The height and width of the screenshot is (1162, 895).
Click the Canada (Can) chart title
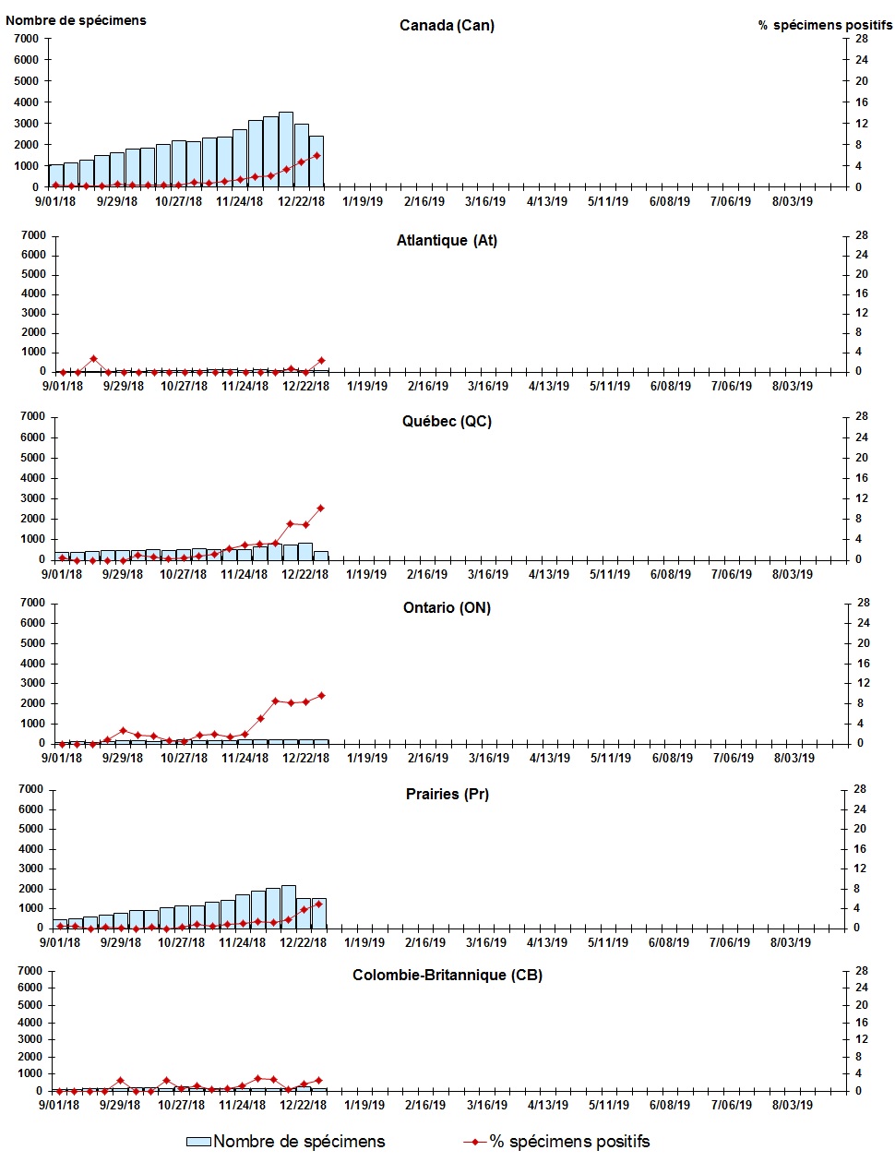pos(447,26)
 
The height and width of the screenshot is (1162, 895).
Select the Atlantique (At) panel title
pos(447,241)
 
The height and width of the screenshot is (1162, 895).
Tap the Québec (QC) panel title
pos(447,422)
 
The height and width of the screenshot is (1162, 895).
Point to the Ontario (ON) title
pos(447,608)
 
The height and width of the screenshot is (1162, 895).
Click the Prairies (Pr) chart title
pos(447,795)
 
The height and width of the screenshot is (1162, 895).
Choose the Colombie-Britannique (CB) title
pos(447,976)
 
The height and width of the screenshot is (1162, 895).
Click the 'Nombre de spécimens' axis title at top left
pos(76,20)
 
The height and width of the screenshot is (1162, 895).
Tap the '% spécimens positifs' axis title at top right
pos(825,25)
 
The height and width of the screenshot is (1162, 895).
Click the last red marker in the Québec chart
pos(321,509)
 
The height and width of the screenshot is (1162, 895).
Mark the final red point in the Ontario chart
pos(321,696)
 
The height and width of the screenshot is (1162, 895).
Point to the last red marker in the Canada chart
pos(317,156)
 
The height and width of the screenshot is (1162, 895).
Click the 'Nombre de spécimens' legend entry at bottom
pos(286,1142)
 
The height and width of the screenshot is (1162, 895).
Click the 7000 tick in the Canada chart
pos(26,39)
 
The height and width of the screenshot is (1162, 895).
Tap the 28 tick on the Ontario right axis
pos(864,604)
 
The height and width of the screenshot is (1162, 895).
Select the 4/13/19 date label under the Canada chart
pos(547,201)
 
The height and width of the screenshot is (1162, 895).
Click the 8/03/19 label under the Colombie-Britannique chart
pos(792,1104)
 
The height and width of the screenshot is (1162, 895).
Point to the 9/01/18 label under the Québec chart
pos(61,574)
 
